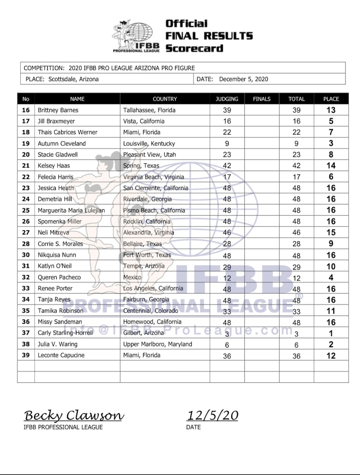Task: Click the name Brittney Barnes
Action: (58, 110)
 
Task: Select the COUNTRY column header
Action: (165, 99)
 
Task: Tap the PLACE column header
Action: (331, 99)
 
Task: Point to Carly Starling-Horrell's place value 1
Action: (331, 333)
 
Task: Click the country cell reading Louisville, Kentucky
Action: (149, 144)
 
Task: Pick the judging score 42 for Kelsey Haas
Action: (227, 166)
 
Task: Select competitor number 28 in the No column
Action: (26, 244)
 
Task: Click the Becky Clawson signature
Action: (73, 415)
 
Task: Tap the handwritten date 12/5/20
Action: (212, 415)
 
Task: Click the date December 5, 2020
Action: (243, 79)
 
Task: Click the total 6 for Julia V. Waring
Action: (296, 344)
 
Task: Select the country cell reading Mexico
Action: (132, 277)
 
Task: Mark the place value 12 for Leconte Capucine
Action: (331, 356)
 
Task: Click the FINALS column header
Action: (262, 99)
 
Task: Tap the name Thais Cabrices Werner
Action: (68, 132)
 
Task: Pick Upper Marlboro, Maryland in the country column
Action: (157, 344)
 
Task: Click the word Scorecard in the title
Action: (194, 48)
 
